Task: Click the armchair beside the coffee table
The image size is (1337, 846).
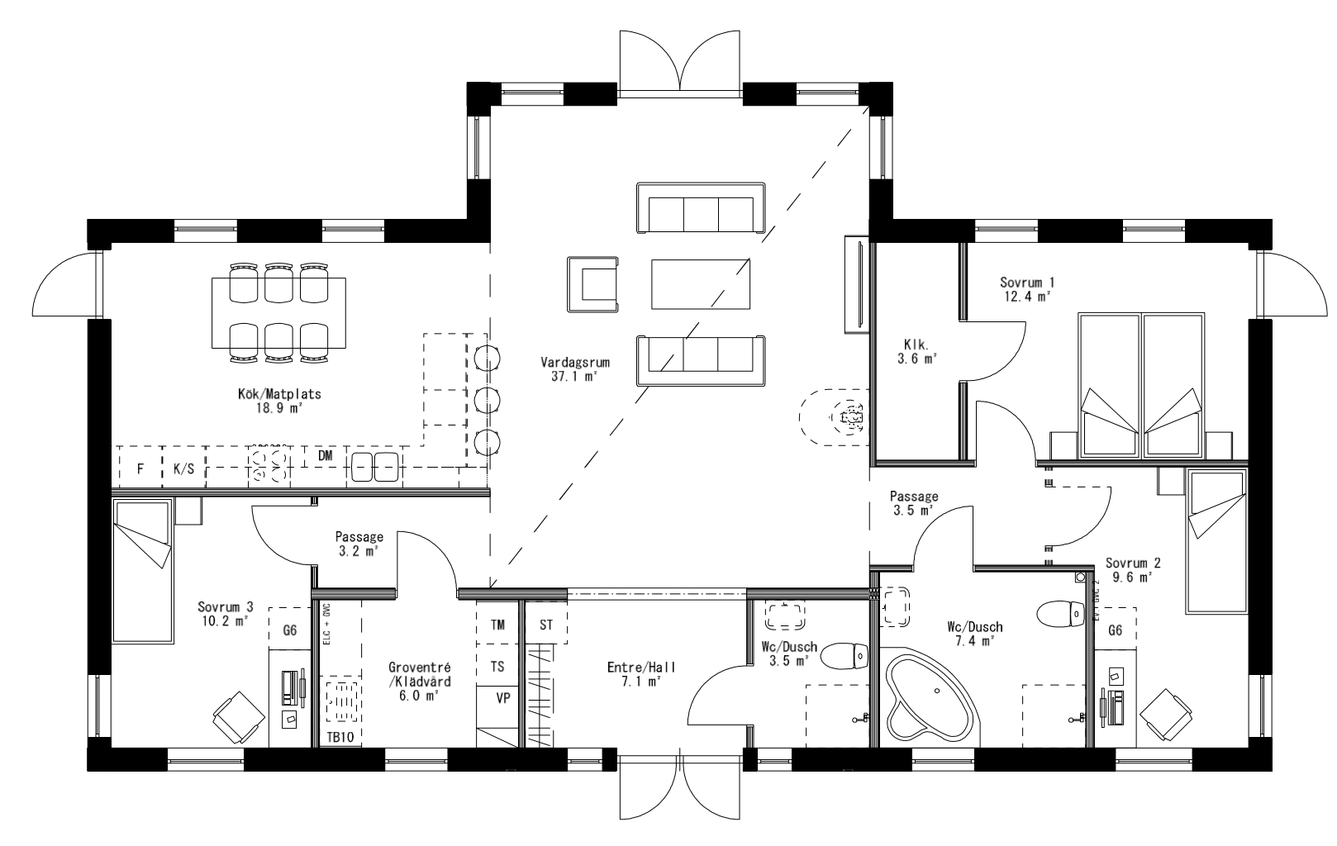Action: click(593, 285)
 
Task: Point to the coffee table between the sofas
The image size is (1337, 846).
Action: click(702, 283)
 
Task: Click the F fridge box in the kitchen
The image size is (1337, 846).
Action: click(140, 468)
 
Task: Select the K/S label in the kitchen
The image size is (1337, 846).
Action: click(183, 468)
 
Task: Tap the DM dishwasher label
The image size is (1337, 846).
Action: click(325, 455)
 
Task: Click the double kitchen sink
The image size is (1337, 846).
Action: click(374, 467)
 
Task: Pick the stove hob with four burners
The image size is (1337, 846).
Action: click(269, 464)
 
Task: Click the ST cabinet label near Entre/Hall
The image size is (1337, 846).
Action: click(546, 625)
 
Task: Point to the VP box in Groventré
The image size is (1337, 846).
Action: click(502, 698)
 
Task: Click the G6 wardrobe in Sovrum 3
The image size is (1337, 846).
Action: click(289, 631)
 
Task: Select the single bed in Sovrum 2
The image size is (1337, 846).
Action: click(1216, 541)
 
